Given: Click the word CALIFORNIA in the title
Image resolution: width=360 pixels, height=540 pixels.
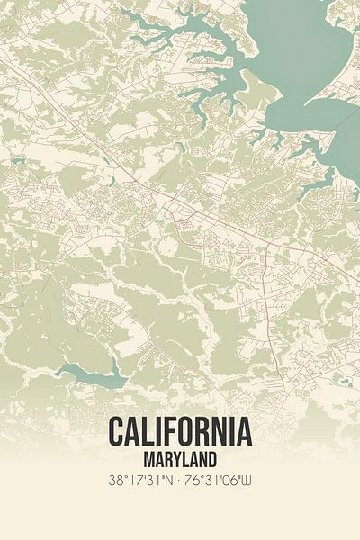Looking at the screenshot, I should click(180, 432).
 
